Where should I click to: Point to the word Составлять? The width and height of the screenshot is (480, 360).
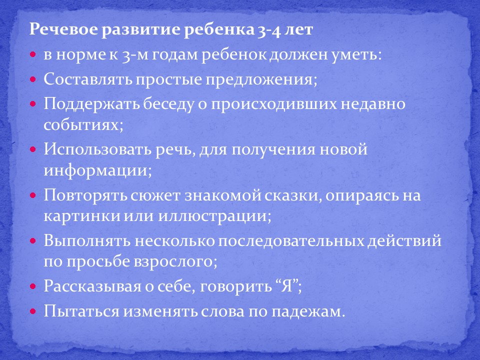point(88,79)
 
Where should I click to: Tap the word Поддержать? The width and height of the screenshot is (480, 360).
point(92,104)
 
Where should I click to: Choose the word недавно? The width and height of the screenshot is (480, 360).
point(373,104)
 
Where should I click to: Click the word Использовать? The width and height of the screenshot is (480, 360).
point(97,149)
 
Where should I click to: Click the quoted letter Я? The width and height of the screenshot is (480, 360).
point(287,286)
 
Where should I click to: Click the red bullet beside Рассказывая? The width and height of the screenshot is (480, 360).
point(33,286)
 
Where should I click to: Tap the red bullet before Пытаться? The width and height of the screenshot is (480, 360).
point(33,311)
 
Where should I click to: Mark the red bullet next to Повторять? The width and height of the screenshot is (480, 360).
point(33,195)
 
